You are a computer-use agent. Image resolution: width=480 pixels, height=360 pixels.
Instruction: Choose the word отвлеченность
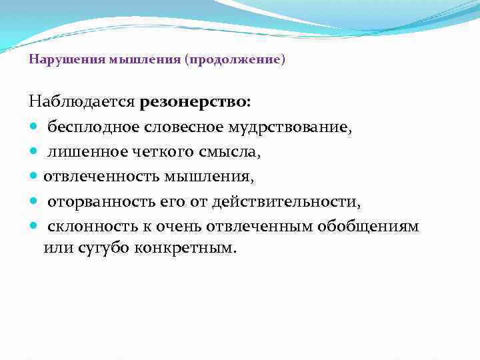point(95,177)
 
